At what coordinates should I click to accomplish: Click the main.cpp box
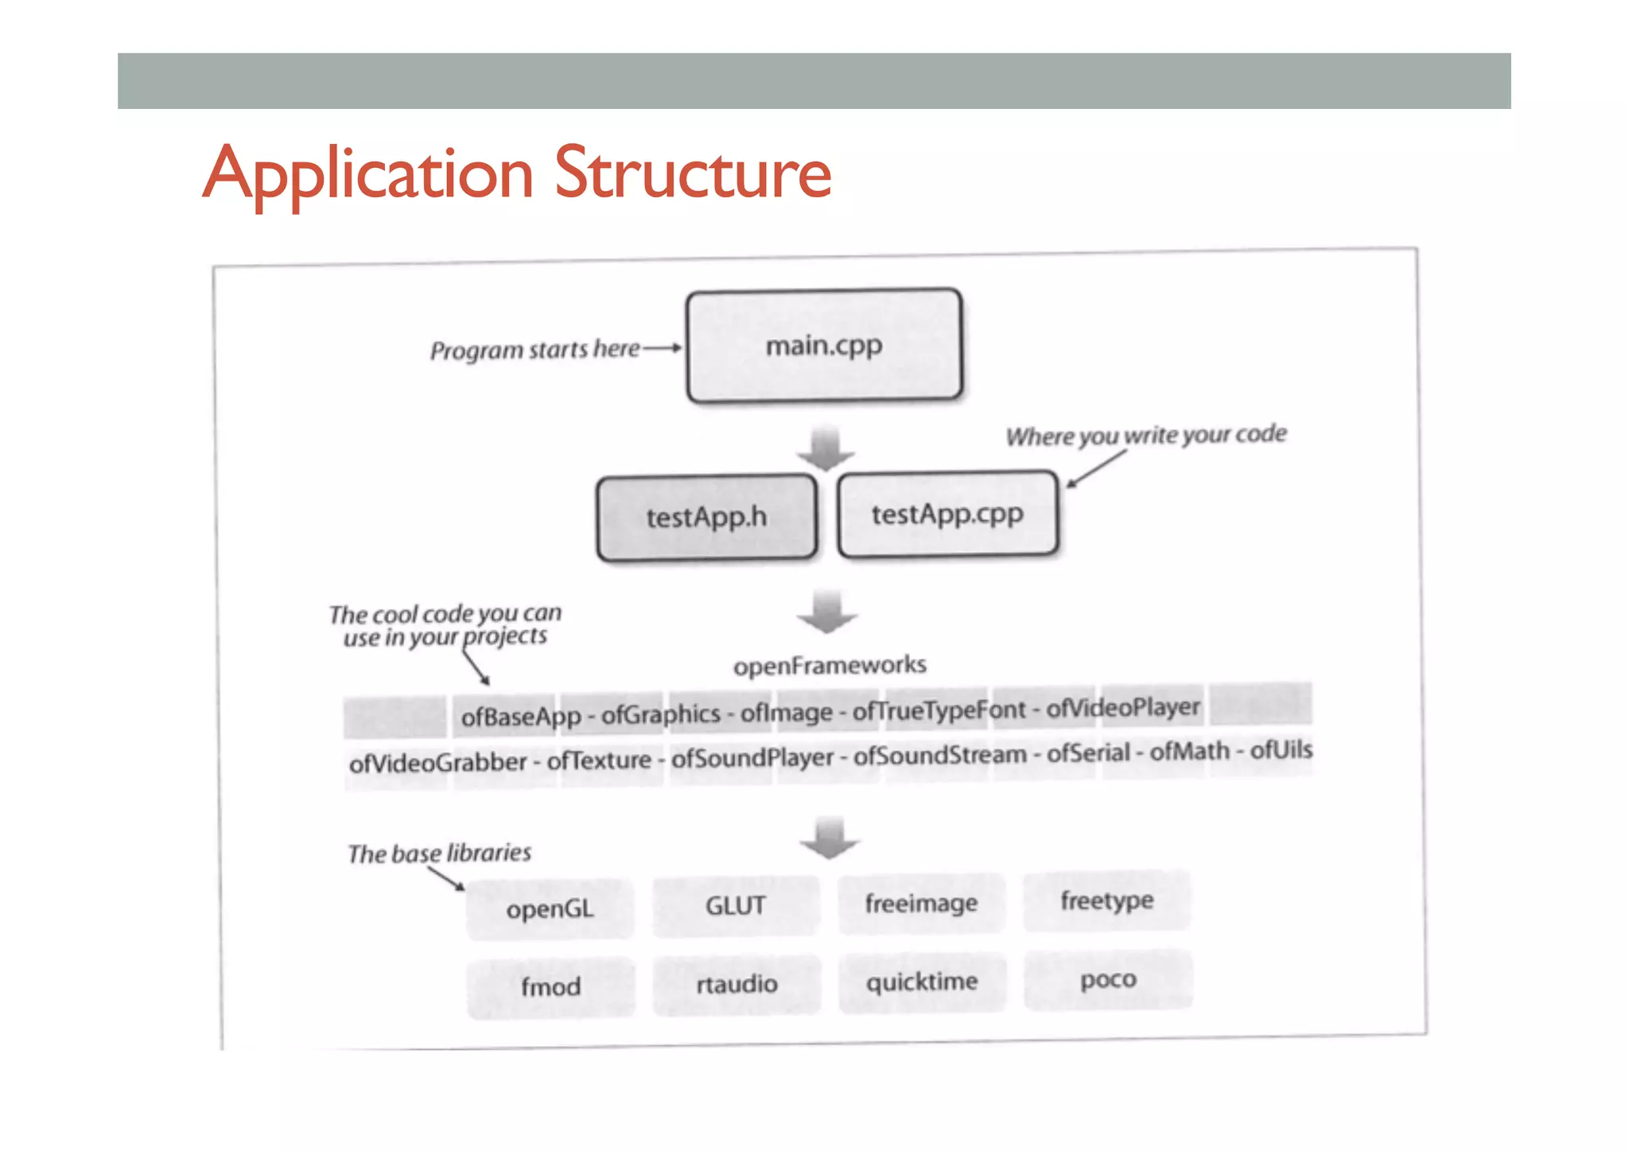824,346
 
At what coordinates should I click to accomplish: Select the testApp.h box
706,517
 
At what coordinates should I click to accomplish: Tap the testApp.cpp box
947,514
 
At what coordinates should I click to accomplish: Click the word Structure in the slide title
692,173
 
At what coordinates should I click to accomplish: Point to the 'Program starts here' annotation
535,349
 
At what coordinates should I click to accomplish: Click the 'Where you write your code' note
1145,435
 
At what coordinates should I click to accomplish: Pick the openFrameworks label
830,665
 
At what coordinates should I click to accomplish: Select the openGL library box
550,908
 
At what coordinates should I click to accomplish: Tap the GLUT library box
736,905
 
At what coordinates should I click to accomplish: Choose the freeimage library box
921,903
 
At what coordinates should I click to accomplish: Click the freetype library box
1106,900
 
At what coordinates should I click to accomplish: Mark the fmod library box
550,986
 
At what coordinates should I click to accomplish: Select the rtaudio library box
737,984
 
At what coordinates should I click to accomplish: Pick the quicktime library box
922,982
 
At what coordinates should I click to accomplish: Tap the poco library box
1108,979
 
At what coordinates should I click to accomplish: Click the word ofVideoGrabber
437,763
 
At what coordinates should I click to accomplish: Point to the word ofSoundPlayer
752,758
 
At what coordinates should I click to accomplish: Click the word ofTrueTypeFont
939,710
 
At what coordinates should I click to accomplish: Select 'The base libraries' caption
439,854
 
